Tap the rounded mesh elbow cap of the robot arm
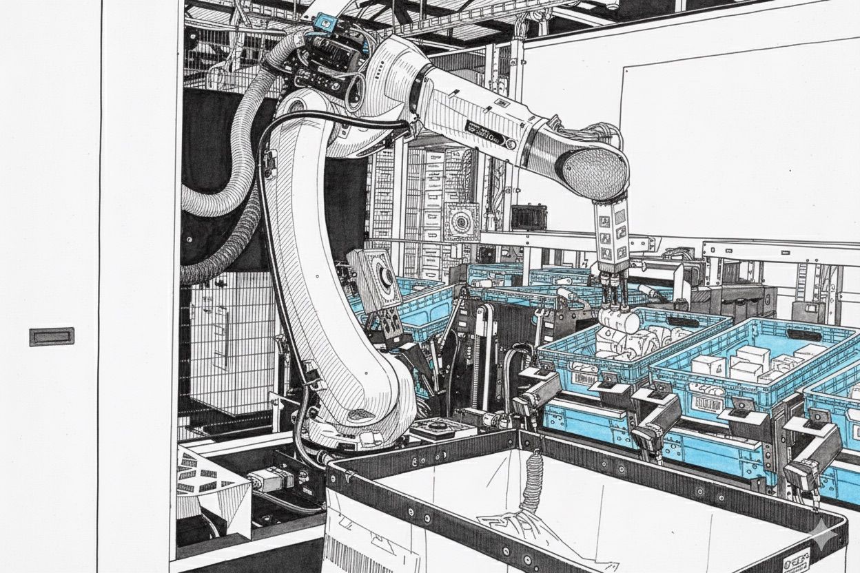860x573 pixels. tap(596, 168)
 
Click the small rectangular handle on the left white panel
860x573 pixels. tap(52, 337)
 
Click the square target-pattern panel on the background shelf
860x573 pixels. tap(461, 220)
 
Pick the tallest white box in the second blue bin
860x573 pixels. tap(752, 357)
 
